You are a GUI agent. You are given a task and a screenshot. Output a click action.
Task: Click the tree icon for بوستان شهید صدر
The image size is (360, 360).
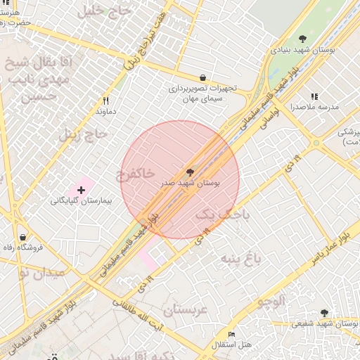pyautogui.click(x=190, y=172)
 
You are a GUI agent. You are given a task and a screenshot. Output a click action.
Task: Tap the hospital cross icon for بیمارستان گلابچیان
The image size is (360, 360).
pyautogui.click(x=82, y=190)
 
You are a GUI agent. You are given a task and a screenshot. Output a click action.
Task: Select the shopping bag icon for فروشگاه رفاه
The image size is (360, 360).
pyautogui.click(x=24, y=237)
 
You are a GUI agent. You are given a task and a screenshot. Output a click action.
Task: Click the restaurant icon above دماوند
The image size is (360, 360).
pyautogui.click(x=105, y=101)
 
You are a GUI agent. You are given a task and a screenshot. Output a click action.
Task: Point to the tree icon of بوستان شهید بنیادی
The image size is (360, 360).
pyautogui.click(x=302, y=39)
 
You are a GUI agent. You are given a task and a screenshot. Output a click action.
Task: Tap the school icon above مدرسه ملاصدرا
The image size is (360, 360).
pyautogui.click(x=314, y=96)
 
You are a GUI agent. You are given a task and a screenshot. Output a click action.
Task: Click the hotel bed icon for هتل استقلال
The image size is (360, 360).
pyautogui.click(x=231, y=334)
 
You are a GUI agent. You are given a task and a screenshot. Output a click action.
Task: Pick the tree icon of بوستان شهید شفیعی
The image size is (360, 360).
pyautogui.click(x=324, y=313)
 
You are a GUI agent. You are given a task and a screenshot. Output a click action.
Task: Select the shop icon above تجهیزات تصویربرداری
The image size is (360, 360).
pyautogui.click(x=203, y=78)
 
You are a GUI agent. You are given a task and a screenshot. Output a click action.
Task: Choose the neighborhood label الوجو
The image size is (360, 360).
pyautogui.click(x=271, y=303)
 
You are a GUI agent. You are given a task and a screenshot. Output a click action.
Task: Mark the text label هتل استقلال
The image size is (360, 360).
pyautogui.click(x=235, y=345)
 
